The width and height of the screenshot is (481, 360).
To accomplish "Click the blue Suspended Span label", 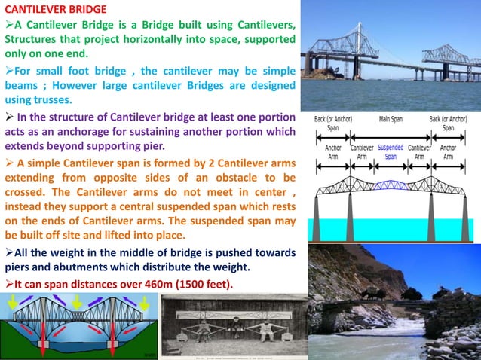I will coord(391,152).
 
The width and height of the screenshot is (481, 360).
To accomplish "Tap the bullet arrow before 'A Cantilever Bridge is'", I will coord(9,26).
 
